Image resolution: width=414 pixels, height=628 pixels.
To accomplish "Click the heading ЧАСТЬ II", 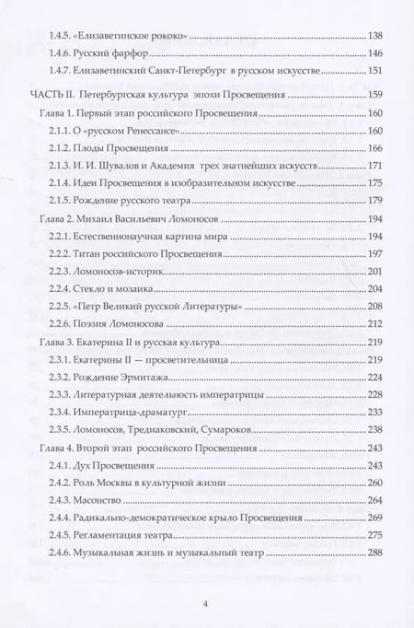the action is coord(45,95).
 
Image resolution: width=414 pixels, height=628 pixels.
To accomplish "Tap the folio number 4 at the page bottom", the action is coord(207,605).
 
